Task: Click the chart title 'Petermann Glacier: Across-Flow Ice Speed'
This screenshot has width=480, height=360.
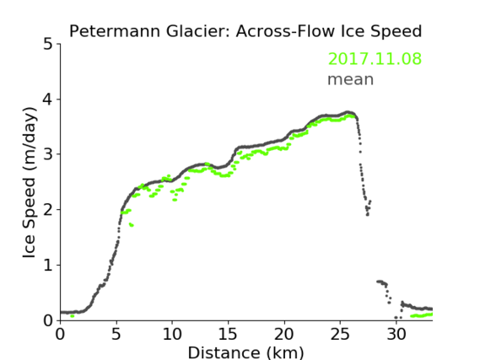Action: point(245,31)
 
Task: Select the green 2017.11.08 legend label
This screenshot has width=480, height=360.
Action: point(375,58)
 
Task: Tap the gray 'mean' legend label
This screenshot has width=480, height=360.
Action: point(351,79)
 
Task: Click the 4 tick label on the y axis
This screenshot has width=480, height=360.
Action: point(48,99)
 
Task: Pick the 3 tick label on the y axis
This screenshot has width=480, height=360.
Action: point(48,154)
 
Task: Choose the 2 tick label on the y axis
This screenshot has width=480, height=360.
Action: point(48,210)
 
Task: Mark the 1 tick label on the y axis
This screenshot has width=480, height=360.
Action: point(48,266)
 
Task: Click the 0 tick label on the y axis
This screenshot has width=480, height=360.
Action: point(48,320)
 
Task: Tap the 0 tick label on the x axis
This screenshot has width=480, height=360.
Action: point(60,335)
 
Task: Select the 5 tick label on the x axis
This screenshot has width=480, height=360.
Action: point(116,335)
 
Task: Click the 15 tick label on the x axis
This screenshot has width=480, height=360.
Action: point(228,335)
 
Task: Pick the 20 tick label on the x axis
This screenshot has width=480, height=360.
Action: point(284,335)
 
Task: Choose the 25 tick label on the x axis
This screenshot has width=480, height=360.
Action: point(340,335)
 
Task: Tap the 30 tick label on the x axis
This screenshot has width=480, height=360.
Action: point(396,335)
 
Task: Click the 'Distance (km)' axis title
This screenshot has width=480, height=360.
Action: point(245,352)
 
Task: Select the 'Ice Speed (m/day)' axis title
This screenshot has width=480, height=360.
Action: point(30,183)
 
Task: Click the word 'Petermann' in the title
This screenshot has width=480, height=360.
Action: point(115,31)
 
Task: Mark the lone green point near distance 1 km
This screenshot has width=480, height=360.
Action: point(73,316)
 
